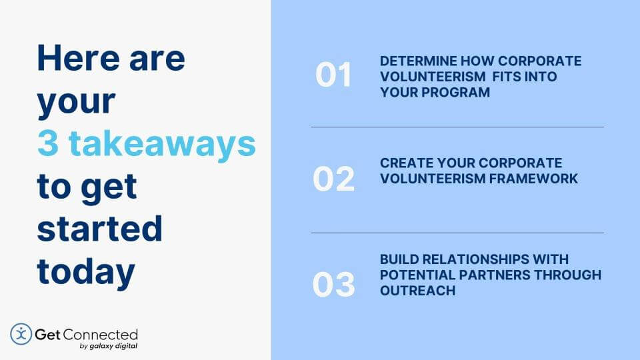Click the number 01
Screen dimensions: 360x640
click(x=333, y=76)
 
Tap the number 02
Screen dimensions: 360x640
click(x=333, y=179)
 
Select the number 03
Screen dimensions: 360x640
click(x=333, y=285)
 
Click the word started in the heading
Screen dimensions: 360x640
click(x=100, y=229)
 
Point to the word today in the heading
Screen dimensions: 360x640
click(x=86, y=271)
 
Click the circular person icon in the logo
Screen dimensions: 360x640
click(x=21, y=334)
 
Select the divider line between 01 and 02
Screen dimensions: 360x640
click(x=457, y=127)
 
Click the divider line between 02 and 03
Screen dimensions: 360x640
click(x=457, y=233)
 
